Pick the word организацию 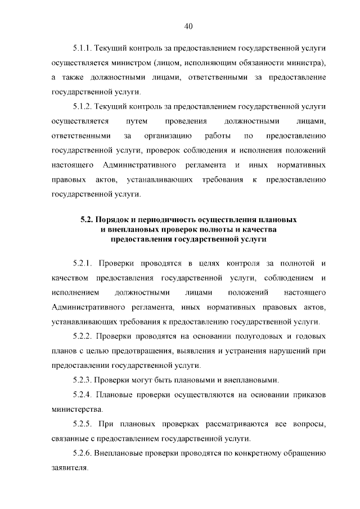[168, 136]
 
